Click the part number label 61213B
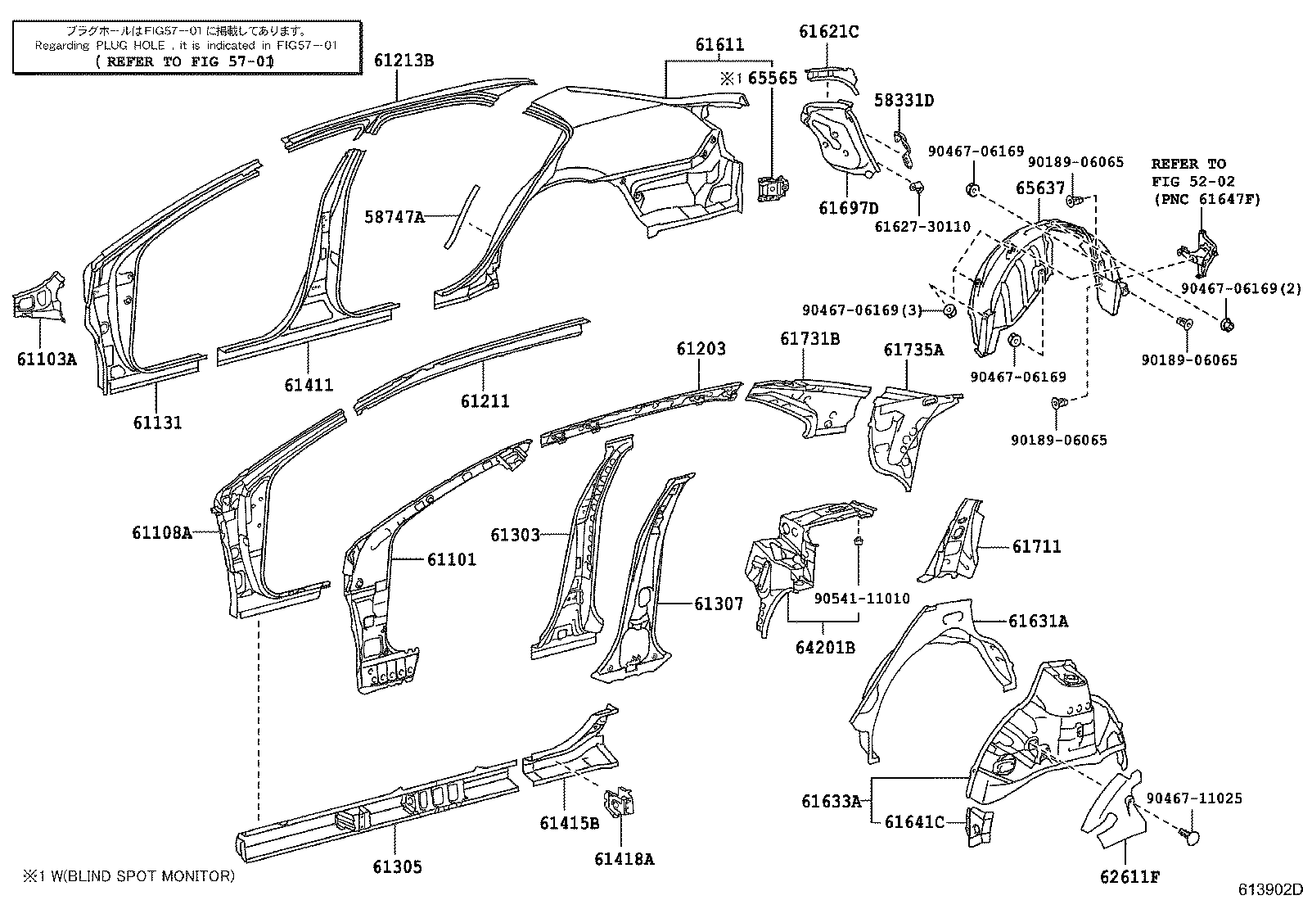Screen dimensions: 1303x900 click(404, 61)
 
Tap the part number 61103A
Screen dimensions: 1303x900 click(47, 360)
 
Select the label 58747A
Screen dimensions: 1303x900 click(395, 217)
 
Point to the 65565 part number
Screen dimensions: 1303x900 click(773, 78)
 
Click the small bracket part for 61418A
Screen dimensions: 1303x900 click(618, 803)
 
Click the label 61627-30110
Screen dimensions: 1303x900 click(922, 227)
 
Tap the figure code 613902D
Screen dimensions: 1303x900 click(1269, 889)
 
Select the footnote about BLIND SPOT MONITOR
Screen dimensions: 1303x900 click(128, 876)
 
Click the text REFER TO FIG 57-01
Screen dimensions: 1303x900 click(185, 61)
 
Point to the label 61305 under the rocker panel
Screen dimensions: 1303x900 click(397, 866)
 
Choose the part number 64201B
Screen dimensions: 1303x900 click(826, 647)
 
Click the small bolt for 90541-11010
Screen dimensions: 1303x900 click(859, 541)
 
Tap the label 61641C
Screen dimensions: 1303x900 click(914, 822)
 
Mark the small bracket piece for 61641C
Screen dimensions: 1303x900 click(979, 825)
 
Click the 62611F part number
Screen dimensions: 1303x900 click(1129, 877)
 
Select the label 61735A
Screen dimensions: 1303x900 click(914, 350)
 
